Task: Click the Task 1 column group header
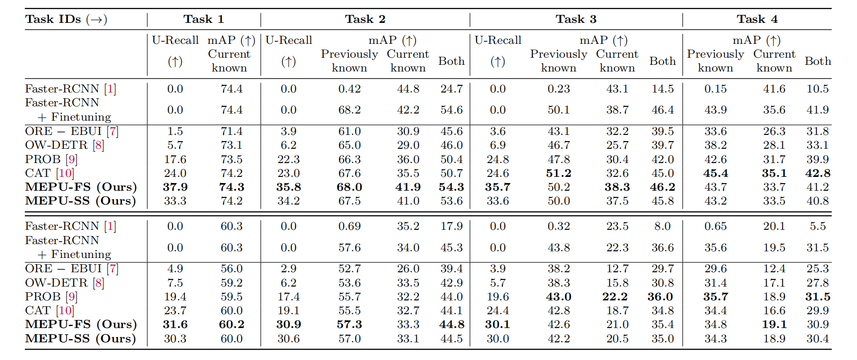click(204, 19)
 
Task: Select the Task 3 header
click(576, 19)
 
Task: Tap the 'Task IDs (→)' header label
click(66, 19)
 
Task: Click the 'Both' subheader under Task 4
click(817, 61)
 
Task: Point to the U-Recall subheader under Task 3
click(498, 40)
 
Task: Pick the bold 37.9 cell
click(175, 187)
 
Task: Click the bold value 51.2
click(559, 173)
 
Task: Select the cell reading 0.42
click(349, 89)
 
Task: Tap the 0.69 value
click(349, 226)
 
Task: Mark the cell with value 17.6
click(175, 159)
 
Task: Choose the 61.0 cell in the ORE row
click(349, 131)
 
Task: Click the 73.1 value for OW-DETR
click(232, 145)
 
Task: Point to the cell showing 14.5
click(663, 89)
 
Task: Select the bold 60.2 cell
click(232, 324)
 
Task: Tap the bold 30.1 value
click(498, 324)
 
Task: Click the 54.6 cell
click(451, 110)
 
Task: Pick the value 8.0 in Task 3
click(663, 226)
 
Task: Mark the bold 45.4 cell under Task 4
click(715, 173)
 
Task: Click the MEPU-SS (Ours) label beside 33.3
click(81, 201)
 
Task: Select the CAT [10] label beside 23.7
click(50, 310)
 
